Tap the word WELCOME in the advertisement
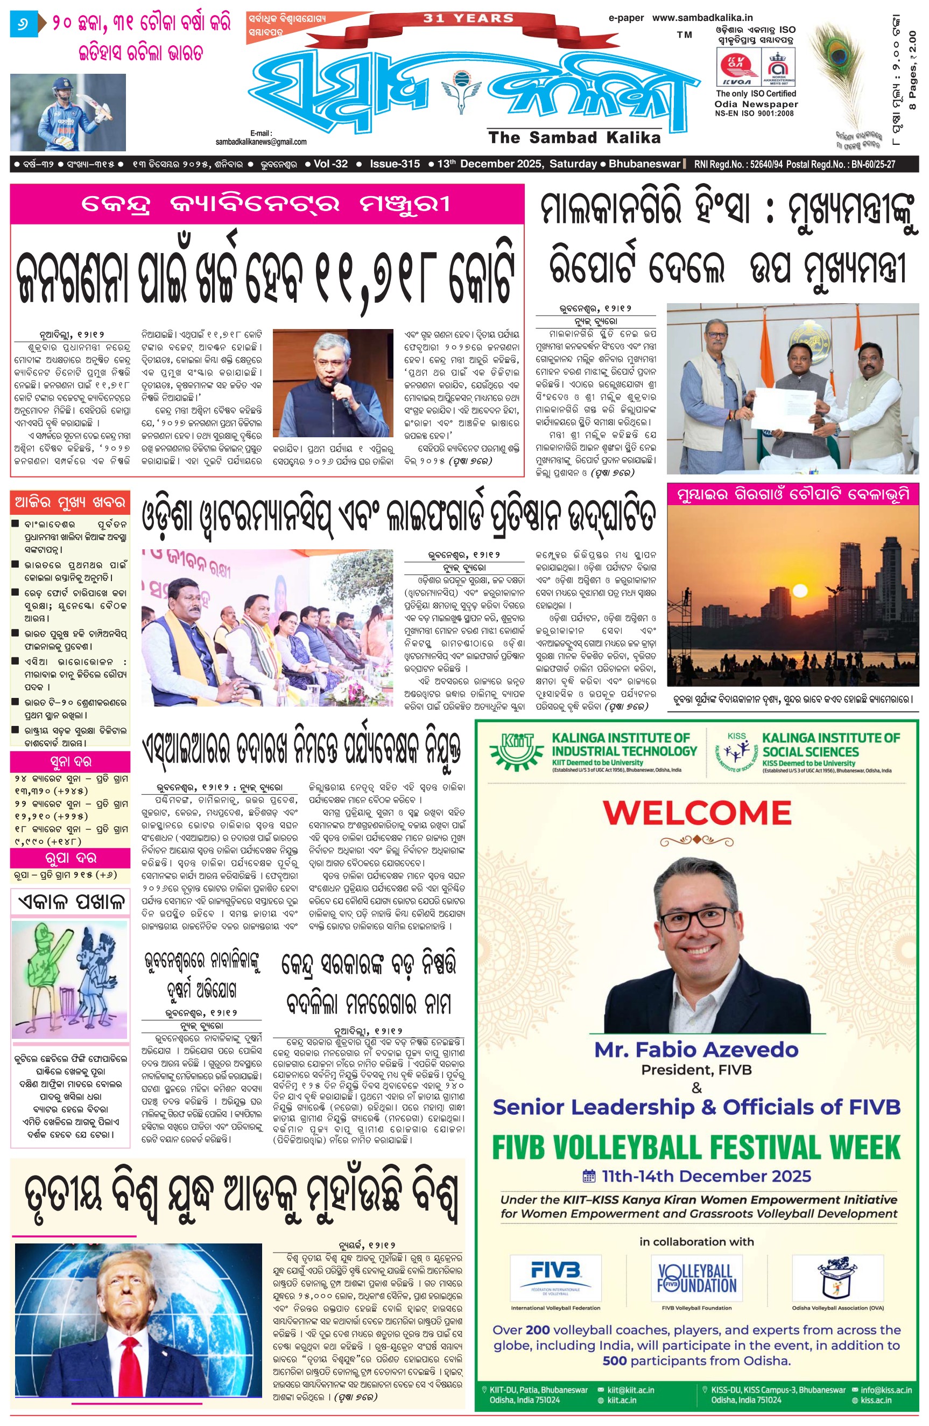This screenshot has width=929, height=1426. [696, 813]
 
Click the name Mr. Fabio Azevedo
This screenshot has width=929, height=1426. [696, 1050]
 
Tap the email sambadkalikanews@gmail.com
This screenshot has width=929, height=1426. [261, 142]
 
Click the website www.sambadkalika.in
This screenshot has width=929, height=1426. [702, 18]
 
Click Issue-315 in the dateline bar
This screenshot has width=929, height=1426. [395, 164]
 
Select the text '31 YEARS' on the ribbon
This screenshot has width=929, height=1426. [468, 18]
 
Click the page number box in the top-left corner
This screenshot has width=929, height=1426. [23, 25]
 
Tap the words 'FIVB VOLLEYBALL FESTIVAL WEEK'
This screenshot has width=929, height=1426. [696, 1148]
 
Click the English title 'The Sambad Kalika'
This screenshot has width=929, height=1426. [574, 138]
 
